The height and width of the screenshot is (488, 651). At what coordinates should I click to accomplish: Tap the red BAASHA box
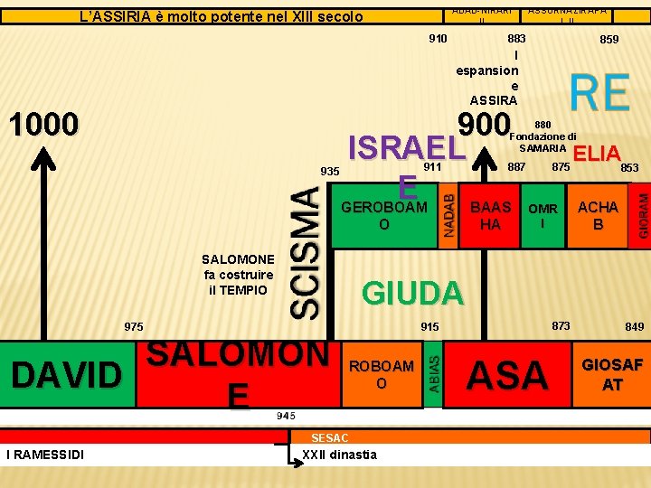coord(489,215)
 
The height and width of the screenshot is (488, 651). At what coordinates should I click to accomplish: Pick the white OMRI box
coord(542,215)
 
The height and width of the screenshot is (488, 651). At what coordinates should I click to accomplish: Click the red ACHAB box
coord(597,215)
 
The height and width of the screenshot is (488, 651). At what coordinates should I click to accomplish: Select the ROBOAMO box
coord(381,373)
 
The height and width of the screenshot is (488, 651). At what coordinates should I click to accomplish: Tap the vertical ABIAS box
coord(433,373)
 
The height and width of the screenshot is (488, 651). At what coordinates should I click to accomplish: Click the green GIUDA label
coord(412,292)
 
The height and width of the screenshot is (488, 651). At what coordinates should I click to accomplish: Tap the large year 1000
coord(42,124)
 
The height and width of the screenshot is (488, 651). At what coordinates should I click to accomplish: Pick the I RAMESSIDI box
coord(45,454)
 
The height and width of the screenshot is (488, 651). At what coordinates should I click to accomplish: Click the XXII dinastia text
coord(340,454)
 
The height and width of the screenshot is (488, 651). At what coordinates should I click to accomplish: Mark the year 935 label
coord(330,171)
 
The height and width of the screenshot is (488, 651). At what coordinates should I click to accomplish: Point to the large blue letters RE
coord(599,93)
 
